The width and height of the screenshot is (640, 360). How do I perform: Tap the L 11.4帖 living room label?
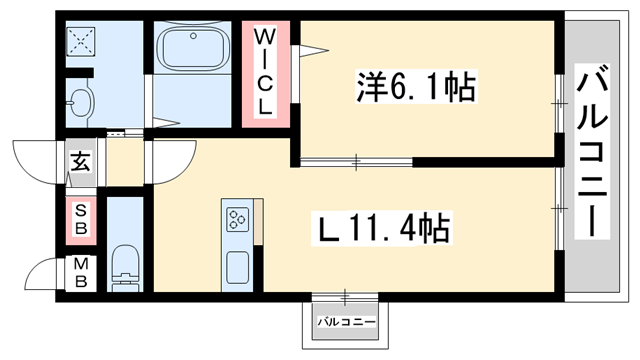pos(382,229)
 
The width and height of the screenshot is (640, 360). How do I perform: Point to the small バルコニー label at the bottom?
pos(347,322)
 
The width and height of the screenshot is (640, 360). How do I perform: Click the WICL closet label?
pos(267,73)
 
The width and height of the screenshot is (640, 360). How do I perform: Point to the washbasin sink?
pos(80,100)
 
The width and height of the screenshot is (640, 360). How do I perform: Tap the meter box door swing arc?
pos(40,276)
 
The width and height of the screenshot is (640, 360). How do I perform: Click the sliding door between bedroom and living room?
pos(355,160)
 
